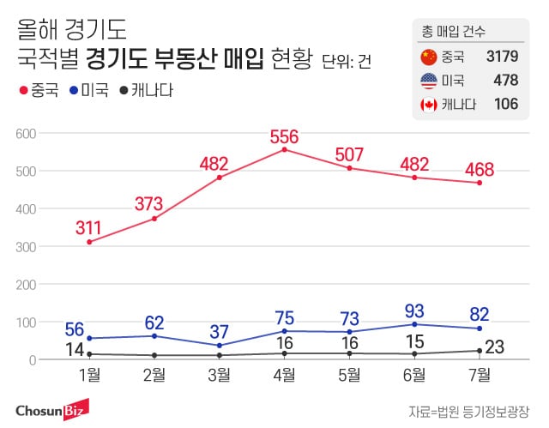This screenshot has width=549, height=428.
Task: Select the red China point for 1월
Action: pyautogui.click(x=88, y=242)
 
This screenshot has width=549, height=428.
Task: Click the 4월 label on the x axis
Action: pyautogui.click(x=284, y=373)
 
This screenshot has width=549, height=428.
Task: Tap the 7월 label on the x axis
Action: pyautogui.click(x=480, y=373)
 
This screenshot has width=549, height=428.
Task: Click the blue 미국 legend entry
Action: pyautogui.click(x=90, y=89)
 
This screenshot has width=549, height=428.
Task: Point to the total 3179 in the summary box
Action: pyautogui.click(x=501, y=57)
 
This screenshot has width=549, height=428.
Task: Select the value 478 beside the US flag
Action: pyautogui.click(x=505, y=81)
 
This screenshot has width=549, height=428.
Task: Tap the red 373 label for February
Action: pyautogui.click(x=154, y=204)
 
